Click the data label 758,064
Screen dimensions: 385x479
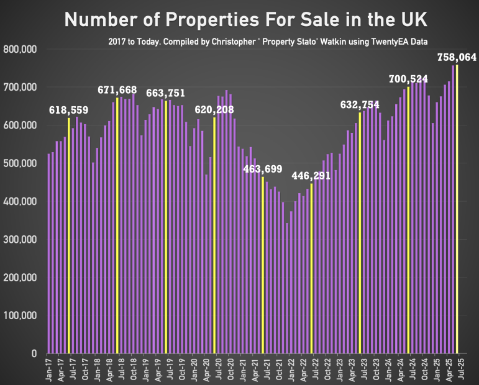point(457,57)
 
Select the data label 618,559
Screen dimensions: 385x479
point(69,111)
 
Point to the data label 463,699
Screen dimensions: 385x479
point(263,169)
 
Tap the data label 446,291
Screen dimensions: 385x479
point(311,176)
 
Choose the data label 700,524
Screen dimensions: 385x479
point(409,79)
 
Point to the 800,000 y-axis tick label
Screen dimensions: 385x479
point(21,49)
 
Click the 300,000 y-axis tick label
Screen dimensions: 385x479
point(21,240)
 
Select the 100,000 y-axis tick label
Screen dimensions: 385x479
point(21,316)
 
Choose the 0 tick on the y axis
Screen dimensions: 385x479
point(36,354)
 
